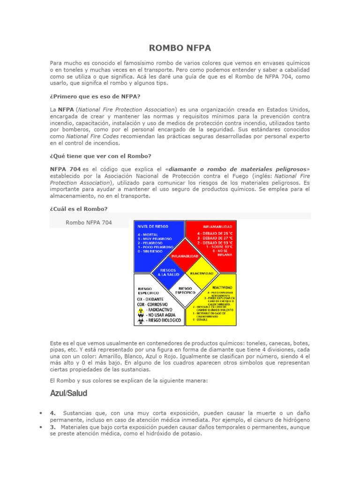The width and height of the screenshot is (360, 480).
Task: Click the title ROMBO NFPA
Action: [x=180, y=48]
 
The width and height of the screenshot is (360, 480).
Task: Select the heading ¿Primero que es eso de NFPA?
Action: [x=95, y=97]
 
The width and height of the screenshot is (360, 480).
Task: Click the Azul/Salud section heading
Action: [x=68, y=393]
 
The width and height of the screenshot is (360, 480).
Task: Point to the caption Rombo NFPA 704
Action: [x=89, y=223]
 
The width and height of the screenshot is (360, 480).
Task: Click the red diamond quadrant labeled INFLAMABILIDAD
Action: [x=183, y=256]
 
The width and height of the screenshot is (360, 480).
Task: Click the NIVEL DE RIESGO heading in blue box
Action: [x=151, y=226]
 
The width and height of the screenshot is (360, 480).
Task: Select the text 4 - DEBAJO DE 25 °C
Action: [x=214, y=233]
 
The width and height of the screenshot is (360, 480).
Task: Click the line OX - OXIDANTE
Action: [x=150, y=299]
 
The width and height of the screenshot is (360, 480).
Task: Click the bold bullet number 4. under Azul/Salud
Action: [x=53, y=412]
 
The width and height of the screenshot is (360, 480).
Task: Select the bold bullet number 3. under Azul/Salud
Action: [x=53, y=427]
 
